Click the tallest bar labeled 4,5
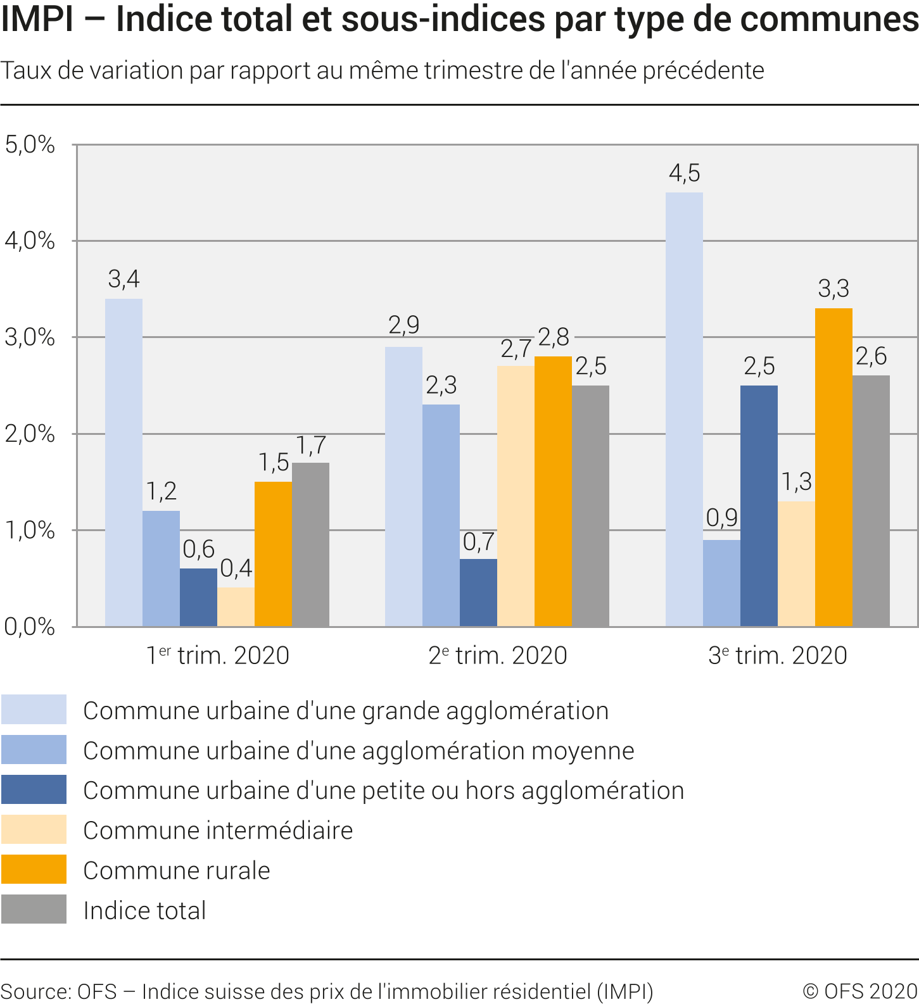click(x=684, y=409)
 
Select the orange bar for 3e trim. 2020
click(x=833, y=467)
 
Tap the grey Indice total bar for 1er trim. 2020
click(x=310, y=544)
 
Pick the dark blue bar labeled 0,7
click(x=478, y=593)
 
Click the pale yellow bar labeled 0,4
click(x=236, y=607)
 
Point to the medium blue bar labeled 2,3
click(x=441, y=515)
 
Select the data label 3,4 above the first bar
click(x=124, y=279)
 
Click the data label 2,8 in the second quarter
click(x=554, y=337)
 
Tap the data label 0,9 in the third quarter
click(x=722, y=518)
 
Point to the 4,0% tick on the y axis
click(x=30, y=241)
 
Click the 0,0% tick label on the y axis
click(x=30, y=627)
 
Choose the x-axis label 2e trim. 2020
click(x=498, y=655)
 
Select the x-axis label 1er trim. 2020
click(x=218, y=655)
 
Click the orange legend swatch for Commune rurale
click(x=34, y=869)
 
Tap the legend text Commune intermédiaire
click(x=218, y=831)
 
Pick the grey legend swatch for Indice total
click(x=34, y=909)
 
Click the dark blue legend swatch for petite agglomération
click(x=34, y=789)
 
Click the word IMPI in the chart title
click(x=37, y=19)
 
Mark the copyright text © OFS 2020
click(x=860, y=991)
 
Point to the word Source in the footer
click(x=35, y=991)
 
